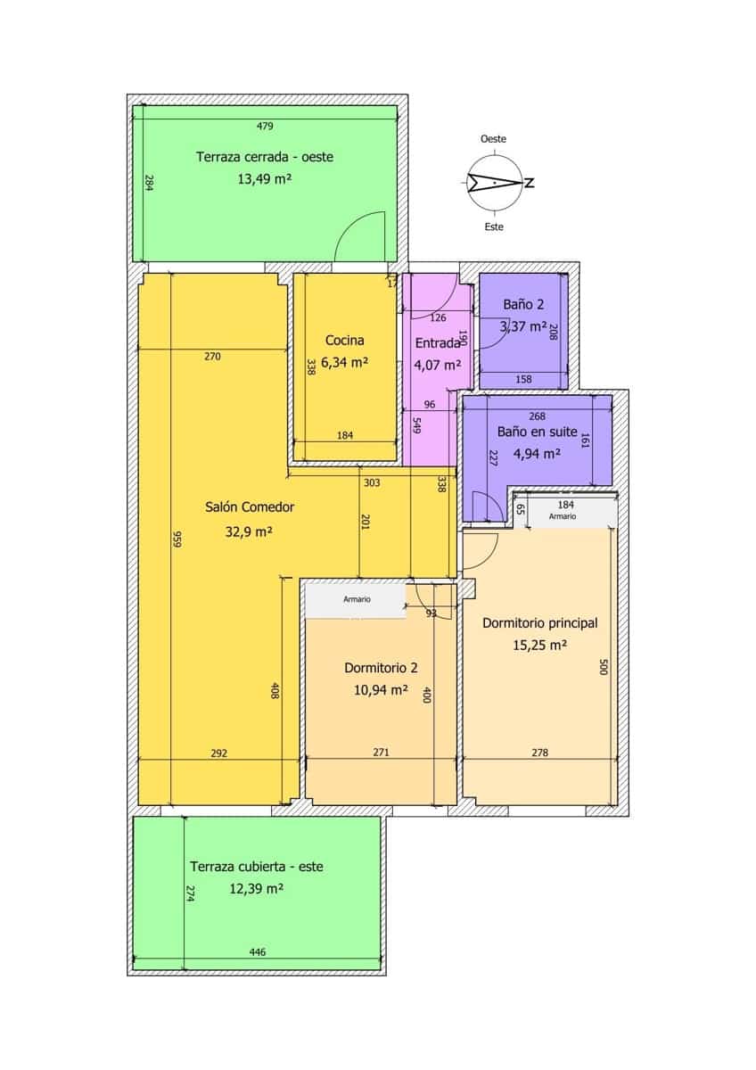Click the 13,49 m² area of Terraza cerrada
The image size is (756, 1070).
tap(265, 178)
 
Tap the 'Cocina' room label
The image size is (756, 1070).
tap(344, 340)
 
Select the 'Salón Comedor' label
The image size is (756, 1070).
tap(250, 507)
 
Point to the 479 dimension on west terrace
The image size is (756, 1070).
tap(265, 126)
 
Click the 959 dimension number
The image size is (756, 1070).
tap(177, 540)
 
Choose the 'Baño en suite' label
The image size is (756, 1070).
tap(529, 431)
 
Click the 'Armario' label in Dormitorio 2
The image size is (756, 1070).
tap(357, 600)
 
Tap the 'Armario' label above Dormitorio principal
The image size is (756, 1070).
tap(562, 516)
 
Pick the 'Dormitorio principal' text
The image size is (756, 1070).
tap(539, 623)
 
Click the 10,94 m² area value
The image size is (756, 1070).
tap(382, 689)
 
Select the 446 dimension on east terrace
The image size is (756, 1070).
tap(258, 952)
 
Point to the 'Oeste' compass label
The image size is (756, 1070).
tap(493, 139)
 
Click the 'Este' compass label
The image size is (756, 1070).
tap(493, 226)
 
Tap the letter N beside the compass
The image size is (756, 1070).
tap(530, 184)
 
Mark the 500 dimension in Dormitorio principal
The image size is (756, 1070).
tap(603, 667)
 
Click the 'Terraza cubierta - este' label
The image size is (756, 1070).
tap(256, 866)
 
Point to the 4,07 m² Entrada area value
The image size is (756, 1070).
tap(437, 364)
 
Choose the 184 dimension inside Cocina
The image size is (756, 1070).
tap(345, 435)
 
